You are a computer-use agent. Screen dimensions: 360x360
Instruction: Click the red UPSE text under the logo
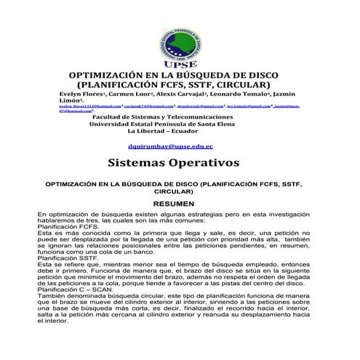(180, 64)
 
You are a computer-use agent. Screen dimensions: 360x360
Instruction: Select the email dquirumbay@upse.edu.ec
(180, 146)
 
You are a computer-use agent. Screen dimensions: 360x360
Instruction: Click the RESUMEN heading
(179, 205)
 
